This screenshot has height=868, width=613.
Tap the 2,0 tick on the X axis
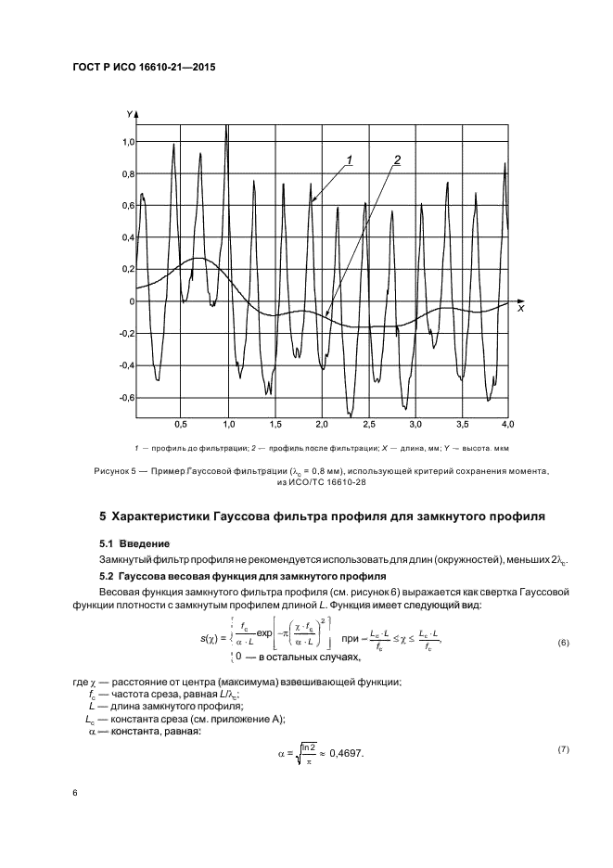(321, 424)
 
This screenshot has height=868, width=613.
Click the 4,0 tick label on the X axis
(507, 424)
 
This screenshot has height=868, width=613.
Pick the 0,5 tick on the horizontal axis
(182, 424)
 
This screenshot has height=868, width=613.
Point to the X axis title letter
(520, 308)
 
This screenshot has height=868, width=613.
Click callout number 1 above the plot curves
(350, 160)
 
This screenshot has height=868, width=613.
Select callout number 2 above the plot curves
(396, 160)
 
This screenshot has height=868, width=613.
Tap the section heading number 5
(103, 516)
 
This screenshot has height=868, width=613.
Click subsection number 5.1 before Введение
(106, 542)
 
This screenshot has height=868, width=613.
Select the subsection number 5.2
(106, 575)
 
